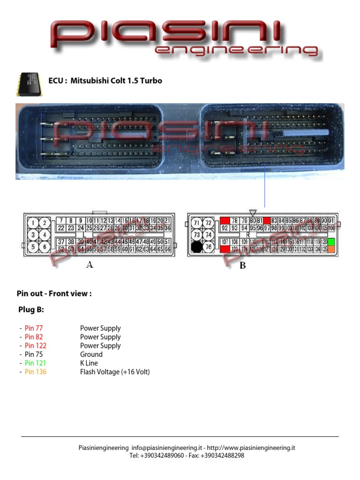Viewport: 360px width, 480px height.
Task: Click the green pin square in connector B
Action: [x=331, y=242]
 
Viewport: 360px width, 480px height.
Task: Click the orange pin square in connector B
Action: [x=331, y=249]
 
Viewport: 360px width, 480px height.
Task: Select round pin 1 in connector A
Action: [x=33, y=223]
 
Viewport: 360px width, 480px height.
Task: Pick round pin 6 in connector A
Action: [x=45, y=247]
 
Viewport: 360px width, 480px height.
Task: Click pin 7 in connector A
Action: [x=61, y=220]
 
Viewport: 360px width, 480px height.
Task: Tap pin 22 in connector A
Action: [x=61, y=228]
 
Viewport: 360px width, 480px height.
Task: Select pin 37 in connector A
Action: [x=61, y=242]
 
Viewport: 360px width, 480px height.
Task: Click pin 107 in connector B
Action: [x=225, y=242]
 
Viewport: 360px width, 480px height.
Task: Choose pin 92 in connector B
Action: [x=225, y=228]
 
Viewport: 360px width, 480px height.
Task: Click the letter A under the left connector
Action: [x=90, y=265]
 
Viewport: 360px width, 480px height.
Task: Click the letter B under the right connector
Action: [x=243, y=266]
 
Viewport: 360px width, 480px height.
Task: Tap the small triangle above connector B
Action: [x=253, y=213]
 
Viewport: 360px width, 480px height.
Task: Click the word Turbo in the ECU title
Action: [x=151, y=81]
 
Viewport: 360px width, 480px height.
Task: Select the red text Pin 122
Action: [x=36, y=345]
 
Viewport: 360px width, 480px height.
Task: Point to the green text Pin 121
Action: [x=36, y=363]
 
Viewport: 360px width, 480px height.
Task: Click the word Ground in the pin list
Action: [x=91, y=354]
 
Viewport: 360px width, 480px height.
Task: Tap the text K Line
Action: [x=89, y=363]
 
